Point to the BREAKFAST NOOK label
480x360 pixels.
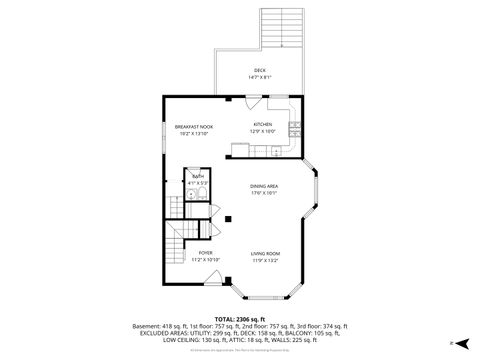click(193, 126)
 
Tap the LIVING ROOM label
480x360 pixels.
click(264, 253)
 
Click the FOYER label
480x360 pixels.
click(205, 253)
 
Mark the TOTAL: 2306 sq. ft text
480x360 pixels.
click(240, 317)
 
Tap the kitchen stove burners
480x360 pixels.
click(294, 127)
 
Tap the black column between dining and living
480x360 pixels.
click(229, 219)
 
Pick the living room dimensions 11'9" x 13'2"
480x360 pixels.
click(264, 260)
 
